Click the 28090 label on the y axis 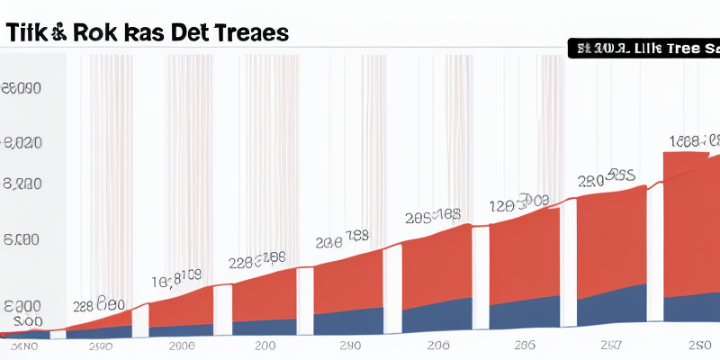22,88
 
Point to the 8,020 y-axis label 24,143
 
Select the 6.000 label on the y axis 22,240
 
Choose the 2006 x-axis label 181,346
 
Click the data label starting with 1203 519,202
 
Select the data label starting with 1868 695,140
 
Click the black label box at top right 643,48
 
